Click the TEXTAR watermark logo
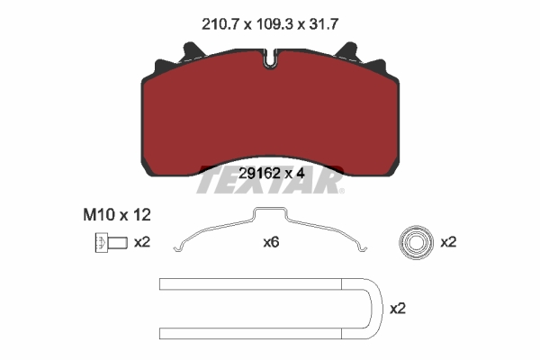[x=270, y=183]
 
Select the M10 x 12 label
[x=110, y=216]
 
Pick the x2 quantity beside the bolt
[x=141, y=242]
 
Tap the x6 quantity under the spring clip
[x=271, y=242]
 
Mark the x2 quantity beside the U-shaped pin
[x=397, y=308]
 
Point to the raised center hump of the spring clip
[x=270, y=214]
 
